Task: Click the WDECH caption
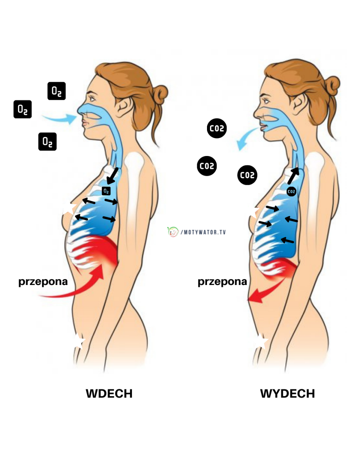click(109, 394)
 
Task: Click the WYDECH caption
click(287, 394)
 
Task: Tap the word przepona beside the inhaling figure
click(43, 282)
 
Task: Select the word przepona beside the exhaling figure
click(222, 282)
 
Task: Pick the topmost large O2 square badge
click(57, 91)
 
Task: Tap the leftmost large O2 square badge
click(22, 109)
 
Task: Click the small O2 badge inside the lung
click(106, 191)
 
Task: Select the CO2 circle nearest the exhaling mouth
click(217, 129)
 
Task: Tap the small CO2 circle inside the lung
click(291, 192)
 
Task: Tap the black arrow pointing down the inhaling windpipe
click(112, 177)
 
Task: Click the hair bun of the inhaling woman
click(160, 94)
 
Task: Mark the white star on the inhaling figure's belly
click(78, 341)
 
